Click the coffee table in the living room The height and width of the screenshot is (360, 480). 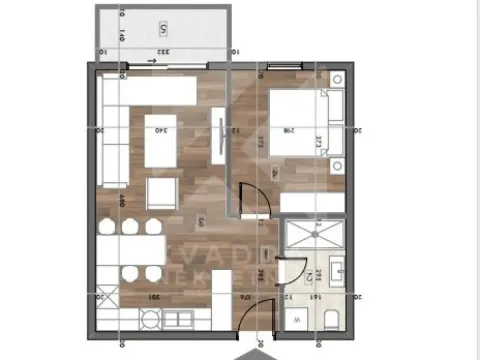pos(161,140)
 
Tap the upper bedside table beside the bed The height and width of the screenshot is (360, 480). pos(338,80)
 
